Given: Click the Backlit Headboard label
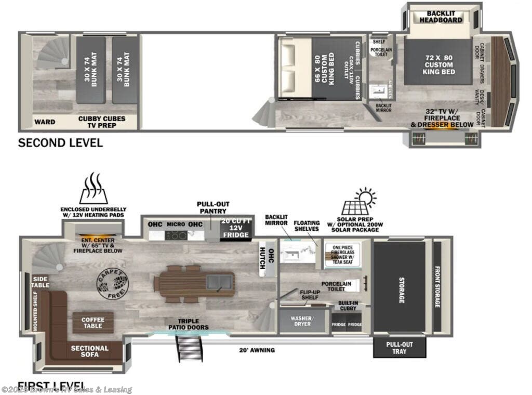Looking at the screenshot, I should (444, 17).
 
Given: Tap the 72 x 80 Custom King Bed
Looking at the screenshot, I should (438, 64).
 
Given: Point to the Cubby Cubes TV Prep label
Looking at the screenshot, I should (102, 122).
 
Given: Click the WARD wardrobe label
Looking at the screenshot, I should (45, 123).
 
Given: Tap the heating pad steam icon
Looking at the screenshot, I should (94, 189).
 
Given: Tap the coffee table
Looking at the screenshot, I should (92, 323).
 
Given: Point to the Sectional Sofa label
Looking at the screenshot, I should (90, 352).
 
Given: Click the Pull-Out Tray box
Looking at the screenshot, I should (400, 348).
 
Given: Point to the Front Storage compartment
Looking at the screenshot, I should (437, 286).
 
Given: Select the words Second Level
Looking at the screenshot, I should (60, 142).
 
